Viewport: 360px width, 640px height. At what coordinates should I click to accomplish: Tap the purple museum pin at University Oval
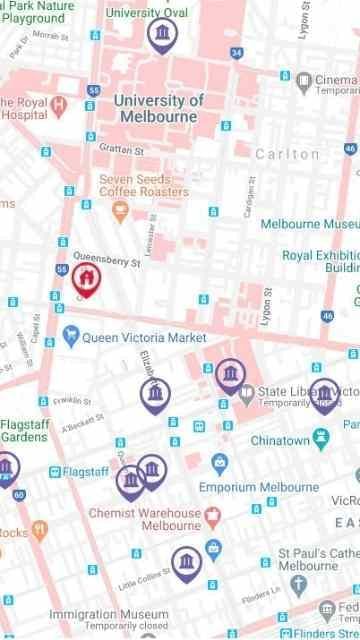160,34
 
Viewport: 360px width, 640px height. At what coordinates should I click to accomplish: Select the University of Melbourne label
158,108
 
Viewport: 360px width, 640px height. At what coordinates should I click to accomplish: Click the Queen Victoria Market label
145,338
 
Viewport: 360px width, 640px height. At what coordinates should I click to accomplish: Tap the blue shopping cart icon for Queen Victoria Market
70,336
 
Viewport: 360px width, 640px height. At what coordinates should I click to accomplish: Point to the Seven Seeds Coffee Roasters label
143,186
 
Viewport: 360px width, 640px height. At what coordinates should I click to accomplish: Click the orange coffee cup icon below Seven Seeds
121,210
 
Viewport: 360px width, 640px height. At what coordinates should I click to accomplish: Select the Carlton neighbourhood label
287,154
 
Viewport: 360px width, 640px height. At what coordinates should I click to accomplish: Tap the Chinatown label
279,440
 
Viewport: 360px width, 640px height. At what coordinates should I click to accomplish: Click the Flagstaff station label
84,471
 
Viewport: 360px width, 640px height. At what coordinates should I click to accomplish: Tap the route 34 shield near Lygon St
236,52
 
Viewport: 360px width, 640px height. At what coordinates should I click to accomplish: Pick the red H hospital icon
59,103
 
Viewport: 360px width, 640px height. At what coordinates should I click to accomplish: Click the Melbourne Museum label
309,224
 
